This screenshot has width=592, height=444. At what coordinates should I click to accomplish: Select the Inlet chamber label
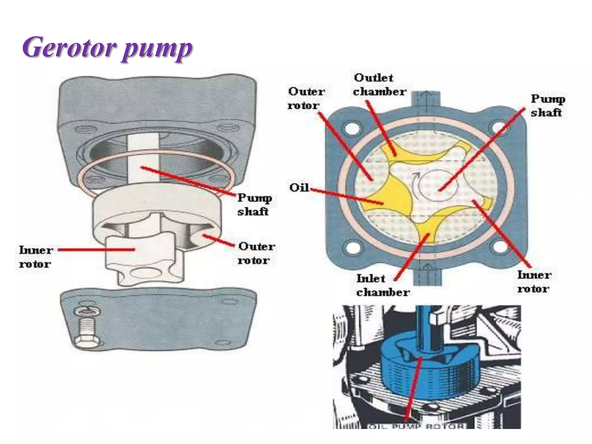(x=382, y=285)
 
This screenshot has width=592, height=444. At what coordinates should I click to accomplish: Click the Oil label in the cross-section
(x=299, y=188)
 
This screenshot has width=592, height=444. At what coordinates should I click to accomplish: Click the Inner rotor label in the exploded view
(x=36, y=257)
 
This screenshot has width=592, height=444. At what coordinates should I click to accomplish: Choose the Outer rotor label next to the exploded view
(x=256, y=253)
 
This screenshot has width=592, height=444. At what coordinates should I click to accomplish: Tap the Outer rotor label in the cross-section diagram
(x=306, y=98)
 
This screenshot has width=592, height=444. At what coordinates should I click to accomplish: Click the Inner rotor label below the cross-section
(x=534, y=282)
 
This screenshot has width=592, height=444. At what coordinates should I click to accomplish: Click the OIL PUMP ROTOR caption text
(x=416, y=426)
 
